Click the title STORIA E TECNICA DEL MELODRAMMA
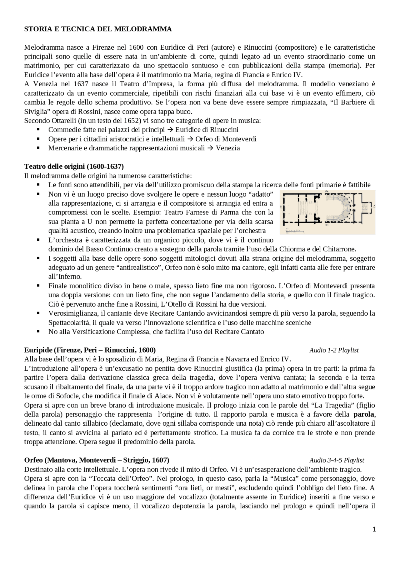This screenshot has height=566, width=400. [x=98, y=29]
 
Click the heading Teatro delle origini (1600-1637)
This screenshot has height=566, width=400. [x=74, y=166]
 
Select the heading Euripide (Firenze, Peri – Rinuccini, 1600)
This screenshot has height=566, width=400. [x=90, y=350]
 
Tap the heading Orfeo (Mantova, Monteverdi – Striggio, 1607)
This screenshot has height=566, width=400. [x=97, y=460]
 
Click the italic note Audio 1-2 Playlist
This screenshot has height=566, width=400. [x=334, y=350]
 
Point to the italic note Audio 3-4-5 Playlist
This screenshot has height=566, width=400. [x=337, y=460]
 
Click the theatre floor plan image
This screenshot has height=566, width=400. [x=327, y=213]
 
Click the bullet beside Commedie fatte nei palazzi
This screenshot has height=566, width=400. [x=38, y=129]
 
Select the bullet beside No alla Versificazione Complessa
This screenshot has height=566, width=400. [x=38, y=331]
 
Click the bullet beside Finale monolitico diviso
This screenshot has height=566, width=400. [x=38, y=286]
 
